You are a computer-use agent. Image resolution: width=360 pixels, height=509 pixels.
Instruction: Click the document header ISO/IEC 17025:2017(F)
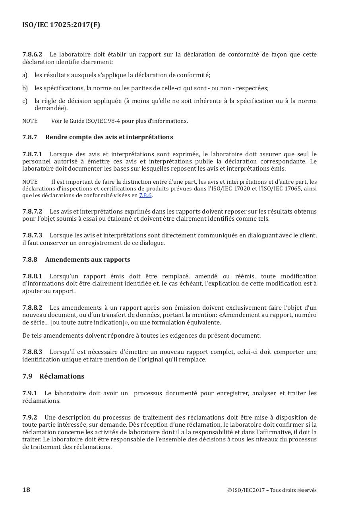(x=61, y=25)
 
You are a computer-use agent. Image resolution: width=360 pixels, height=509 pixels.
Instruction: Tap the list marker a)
(x=25, y=75)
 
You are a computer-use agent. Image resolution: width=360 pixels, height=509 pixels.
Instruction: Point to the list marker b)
(x=25, y=88)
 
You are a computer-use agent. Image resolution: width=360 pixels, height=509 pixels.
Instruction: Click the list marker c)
(x=25, y=101)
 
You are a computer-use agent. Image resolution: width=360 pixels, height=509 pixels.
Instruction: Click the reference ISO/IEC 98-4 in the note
(x=100, y=121)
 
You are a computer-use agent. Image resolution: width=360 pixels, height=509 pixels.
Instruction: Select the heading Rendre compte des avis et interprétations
(x=109, y=137)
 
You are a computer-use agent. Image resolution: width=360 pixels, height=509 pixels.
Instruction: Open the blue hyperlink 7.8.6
(x=145, y=196)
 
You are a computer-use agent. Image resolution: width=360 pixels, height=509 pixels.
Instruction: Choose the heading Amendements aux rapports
(x=87, y=260)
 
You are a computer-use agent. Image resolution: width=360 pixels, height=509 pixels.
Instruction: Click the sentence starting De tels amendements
(x=141, y=336)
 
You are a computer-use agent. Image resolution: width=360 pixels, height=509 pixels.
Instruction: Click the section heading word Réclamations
(x=62, y=376)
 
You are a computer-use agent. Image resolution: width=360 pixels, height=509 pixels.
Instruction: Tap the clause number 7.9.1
(x=29, y=393)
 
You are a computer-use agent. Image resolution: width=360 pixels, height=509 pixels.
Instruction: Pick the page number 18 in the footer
(x=26, y=490)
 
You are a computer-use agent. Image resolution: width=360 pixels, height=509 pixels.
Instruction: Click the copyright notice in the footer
(x=272, y=490)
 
